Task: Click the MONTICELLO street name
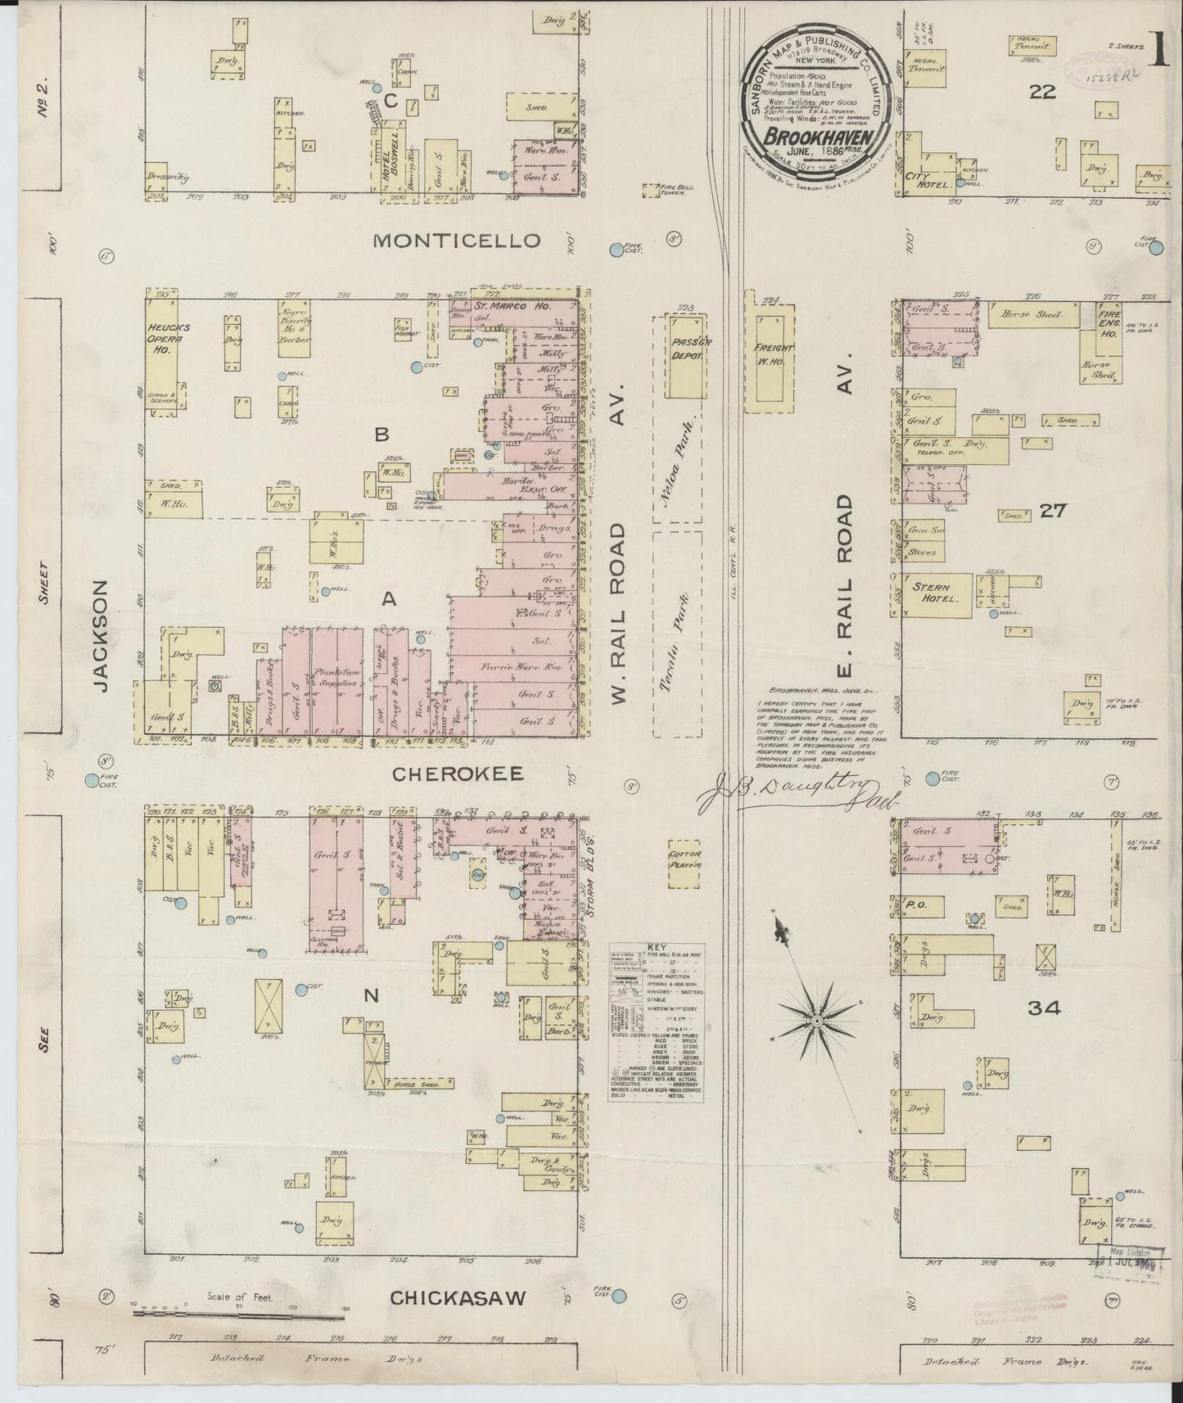click(457, 241)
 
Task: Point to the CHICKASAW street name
click(457, 1298)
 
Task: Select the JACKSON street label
click(101, 636)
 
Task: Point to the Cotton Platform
click(684, 863)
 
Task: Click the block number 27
click(1053, 511)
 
